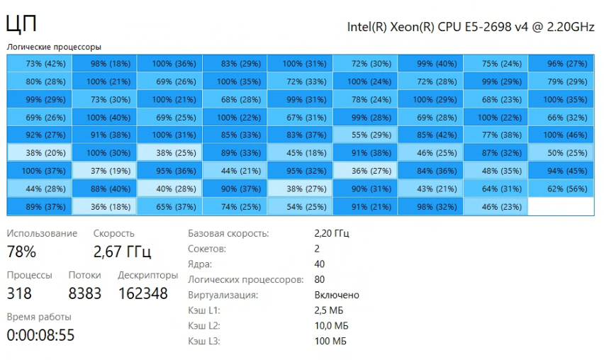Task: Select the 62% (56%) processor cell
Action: tap(561, 189)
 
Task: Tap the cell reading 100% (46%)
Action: tap(561, 135)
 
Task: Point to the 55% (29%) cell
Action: tap(365, 135)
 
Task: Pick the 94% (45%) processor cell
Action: tap(561, 171)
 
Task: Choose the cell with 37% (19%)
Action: tap(104, 171)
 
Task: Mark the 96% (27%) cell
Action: tap(561, 64)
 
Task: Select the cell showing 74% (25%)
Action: tap(235, 206)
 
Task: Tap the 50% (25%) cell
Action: tap(561, 153)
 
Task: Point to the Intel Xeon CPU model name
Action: tap(470, 27)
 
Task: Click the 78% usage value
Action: tap(21, 252)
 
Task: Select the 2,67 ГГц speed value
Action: tap(122, 252)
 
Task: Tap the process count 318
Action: tap(19, 293)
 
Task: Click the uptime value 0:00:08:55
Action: tap(40, 334)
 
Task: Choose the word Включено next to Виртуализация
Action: tap(336, 295)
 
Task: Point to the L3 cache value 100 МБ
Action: tap(330, 342)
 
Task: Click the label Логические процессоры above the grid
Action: tap(54, 47)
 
